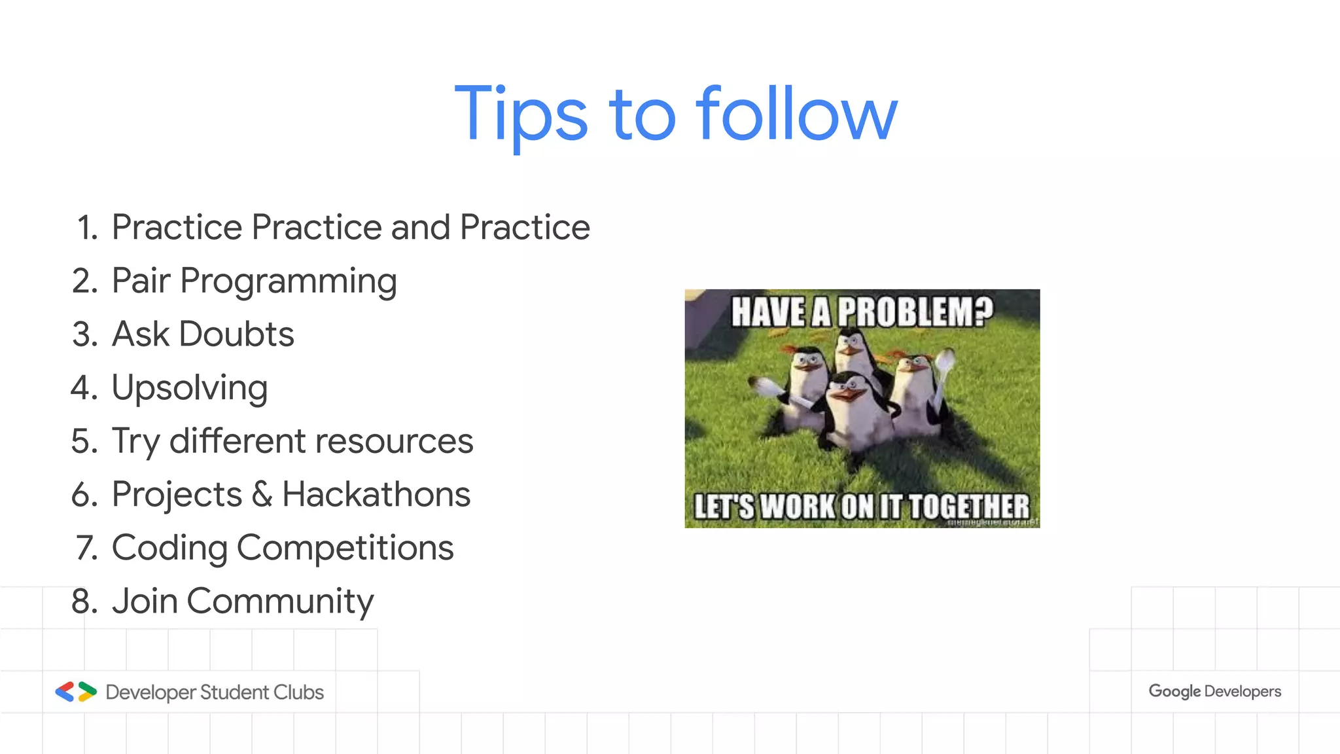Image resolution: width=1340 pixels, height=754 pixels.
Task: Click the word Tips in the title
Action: coord(521,115)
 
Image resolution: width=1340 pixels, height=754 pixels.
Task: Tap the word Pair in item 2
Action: coord(141,281)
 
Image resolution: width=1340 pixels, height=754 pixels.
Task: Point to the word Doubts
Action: coord(236,334)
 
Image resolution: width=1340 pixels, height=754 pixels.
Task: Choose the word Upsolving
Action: coord(190,388)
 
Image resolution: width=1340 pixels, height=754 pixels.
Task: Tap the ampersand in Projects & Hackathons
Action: coord(262,494)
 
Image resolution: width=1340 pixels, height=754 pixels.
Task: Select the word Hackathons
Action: coord(376,494)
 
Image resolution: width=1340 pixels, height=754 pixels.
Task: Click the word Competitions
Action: coord(345,548)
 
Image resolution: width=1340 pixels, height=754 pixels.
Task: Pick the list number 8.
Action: coord(84,601)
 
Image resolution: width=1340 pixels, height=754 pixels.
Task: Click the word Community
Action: coord(280,601)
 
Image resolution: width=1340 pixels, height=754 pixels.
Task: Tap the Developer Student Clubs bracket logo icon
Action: coord(76,692)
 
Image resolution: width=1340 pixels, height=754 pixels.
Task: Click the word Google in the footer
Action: coord(1174,691)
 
